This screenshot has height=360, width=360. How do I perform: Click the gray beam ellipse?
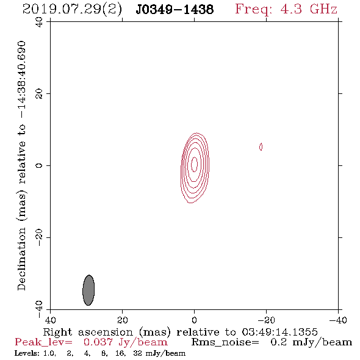[88, 290]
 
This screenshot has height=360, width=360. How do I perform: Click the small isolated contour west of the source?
[261, 146]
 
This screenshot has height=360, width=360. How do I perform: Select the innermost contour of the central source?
[194, 164]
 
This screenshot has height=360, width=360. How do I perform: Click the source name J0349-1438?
[175, 9]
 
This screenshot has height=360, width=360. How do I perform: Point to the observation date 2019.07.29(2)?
[72, 10]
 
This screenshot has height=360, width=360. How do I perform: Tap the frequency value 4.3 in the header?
[291, 9]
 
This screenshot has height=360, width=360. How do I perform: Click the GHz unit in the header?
[323, 9]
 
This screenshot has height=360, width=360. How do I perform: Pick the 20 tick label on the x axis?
[122, 320]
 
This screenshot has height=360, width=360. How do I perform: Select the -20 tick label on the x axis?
[266, 320]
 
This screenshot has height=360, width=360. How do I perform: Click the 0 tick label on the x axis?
[194, 320]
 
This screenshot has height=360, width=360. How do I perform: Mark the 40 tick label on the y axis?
[39, 22]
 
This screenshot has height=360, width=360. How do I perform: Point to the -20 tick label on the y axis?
[39, 237]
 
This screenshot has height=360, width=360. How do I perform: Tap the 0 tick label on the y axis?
[39, 165]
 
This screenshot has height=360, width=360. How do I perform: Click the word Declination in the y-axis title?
[21, 259]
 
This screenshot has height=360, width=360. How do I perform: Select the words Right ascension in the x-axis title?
[88, 332]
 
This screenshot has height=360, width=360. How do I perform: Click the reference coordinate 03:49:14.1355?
[279, 332]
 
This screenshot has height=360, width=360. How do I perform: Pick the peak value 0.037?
[98, 342]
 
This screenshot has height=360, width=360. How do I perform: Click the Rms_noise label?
[225, 342]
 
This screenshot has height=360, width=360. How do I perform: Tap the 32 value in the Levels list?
[137, 353]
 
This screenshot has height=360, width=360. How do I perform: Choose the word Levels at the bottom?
[26, 353]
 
